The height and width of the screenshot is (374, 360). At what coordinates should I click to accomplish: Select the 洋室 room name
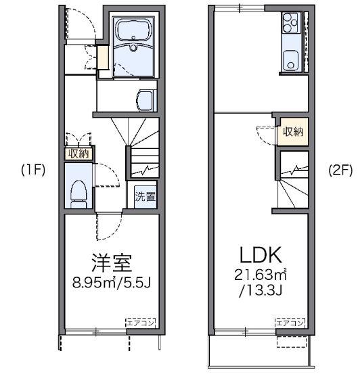(112, 261)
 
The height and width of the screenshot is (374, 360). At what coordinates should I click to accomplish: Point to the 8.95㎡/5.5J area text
(112, 280)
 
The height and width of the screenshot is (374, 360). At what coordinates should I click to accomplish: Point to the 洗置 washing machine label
(145, 197)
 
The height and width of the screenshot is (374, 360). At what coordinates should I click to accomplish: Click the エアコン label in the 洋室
(140, 323)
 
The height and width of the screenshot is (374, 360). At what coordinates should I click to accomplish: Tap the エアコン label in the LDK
(290, 323)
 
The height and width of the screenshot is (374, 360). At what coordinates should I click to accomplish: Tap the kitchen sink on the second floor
(292, 60)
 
